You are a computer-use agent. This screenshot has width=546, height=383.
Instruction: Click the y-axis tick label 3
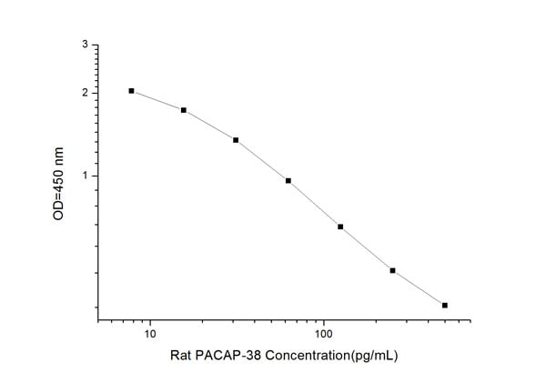coord(85,44)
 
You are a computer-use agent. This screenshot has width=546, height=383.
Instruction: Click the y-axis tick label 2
coord(85,93)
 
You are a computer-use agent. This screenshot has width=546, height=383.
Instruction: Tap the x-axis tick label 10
coord(149,333)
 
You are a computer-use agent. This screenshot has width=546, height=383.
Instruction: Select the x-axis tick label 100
coord(323,333)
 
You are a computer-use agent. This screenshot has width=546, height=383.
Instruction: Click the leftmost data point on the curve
coord(132,91)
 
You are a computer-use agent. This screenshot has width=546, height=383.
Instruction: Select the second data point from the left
coord(184,110)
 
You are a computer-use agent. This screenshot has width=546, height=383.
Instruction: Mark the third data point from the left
coord(236,140)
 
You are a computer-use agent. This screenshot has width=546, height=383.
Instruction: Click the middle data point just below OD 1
coord(288,180)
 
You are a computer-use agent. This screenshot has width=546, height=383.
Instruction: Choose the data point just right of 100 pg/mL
coord(340,227)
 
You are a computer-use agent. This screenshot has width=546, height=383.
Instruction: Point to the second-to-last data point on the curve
coord(392,270)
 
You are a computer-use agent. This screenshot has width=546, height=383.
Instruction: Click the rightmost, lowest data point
coord(445,305)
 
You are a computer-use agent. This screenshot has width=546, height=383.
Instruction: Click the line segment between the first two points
coord(157,100)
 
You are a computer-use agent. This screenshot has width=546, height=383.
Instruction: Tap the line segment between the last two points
coord(419,288)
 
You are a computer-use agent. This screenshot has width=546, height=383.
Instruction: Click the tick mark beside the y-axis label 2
coord(95,93)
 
